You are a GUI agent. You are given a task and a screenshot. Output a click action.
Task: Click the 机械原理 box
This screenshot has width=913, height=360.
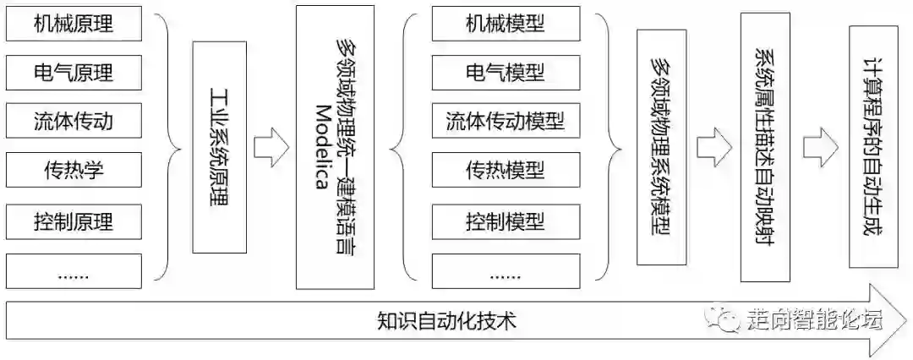coord(74,24)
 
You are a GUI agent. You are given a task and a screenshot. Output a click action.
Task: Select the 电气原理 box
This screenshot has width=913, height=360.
coord(74,73)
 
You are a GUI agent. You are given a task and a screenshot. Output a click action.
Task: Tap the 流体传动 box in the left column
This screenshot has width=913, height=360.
coord(74,122)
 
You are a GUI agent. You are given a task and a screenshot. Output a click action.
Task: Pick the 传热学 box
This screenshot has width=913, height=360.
coord(74,172)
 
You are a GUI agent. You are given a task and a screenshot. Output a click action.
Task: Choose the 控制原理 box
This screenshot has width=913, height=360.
coord(74,222)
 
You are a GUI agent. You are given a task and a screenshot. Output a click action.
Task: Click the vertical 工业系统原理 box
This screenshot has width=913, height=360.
coord(218,149)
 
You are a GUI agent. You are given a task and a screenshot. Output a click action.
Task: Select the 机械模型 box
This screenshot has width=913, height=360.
coord(505,24)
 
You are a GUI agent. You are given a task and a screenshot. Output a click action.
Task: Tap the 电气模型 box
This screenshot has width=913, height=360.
coord(505,73)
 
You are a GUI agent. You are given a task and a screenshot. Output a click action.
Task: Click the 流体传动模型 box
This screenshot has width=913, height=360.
coord(505,122)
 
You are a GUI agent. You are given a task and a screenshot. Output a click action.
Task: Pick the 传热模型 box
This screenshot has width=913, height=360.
coord(505,172)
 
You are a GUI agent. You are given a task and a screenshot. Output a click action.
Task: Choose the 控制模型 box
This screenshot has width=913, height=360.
coord(505,222)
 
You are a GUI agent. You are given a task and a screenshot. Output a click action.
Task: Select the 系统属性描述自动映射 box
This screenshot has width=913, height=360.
coord(764,149)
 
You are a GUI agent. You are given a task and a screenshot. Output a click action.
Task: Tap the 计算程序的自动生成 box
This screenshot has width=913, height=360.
coord(872,144)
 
